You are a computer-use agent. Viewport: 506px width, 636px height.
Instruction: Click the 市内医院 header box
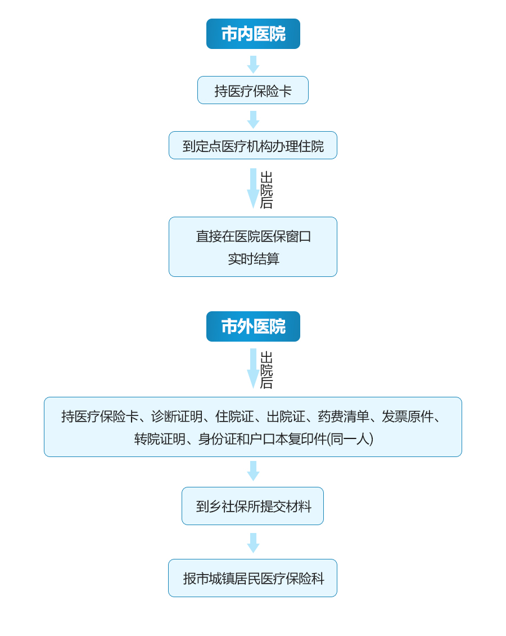click(253, 34)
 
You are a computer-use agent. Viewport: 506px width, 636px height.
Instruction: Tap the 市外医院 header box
click(253, 326)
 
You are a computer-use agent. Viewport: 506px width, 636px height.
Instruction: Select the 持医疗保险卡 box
click(253, 90)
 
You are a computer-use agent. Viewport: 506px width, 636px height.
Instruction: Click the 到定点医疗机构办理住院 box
click(253, 145)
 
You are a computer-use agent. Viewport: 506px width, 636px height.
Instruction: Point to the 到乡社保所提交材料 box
click(253, 506)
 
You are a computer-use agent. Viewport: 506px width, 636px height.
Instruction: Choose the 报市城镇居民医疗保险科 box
click(253, 578)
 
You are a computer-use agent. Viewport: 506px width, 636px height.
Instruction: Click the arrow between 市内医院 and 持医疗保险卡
click(253, 65)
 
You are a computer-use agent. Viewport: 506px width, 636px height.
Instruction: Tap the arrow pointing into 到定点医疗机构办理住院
click(253, 120)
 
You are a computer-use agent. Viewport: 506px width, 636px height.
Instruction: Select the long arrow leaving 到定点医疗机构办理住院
click(253, 189)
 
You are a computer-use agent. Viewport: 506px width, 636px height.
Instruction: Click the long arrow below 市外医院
click(253, 369)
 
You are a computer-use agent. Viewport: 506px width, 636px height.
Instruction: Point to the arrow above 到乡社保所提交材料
click(253, 471)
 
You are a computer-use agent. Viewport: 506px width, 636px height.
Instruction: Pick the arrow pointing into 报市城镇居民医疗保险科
click(253, 543)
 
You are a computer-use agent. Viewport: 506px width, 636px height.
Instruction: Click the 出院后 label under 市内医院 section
click(266, 190)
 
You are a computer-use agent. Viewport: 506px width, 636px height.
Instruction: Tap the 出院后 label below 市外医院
click(266, 370)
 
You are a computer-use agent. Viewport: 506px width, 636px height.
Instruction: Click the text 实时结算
click(254, 259)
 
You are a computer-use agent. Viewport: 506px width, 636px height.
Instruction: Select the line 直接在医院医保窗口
click(254, 236)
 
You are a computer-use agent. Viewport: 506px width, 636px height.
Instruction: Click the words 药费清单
click(344, 416)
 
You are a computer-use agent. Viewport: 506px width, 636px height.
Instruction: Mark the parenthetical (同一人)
click(350, 439)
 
